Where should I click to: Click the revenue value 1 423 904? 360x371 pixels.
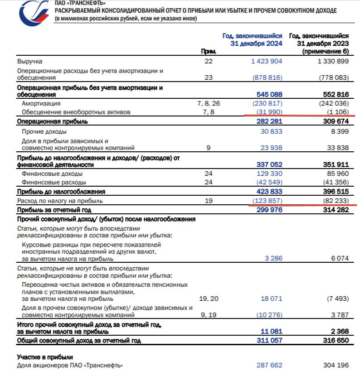(267, 61)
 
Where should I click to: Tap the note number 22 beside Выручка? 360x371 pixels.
(209, 61)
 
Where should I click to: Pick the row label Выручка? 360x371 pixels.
(29, 61)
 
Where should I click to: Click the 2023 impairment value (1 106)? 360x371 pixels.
(336, 112)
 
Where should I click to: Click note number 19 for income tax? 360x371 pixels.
(209, 201)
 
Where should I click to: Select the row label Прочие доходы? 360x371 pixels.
(44, 131)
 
